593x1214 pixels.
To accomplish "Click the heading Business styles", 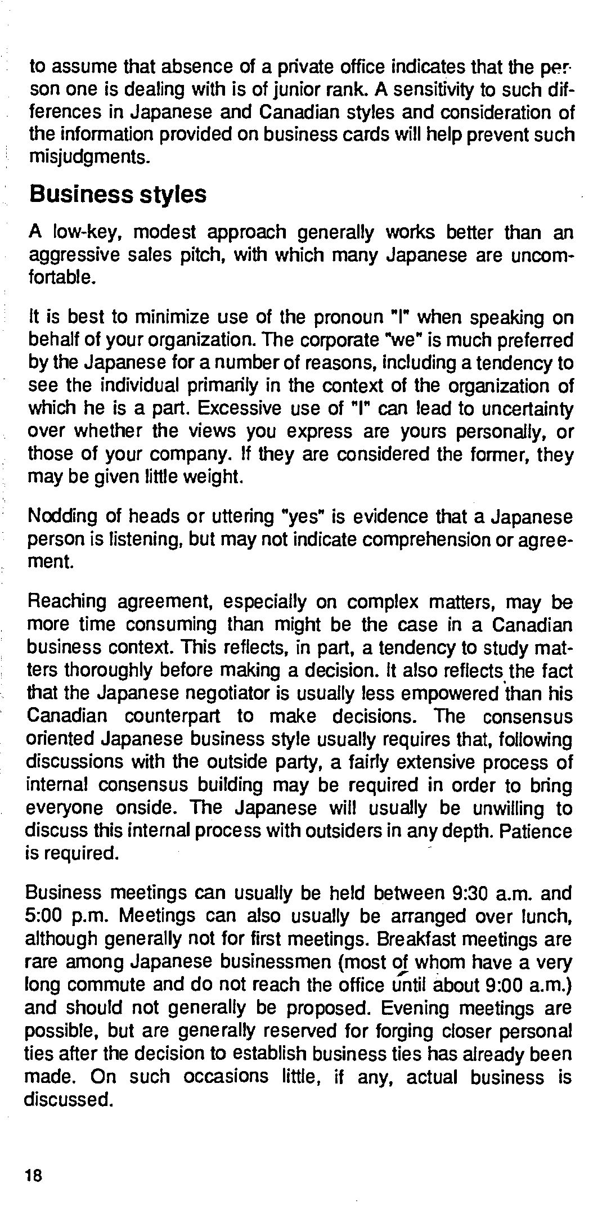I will [x=118, y=195].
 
